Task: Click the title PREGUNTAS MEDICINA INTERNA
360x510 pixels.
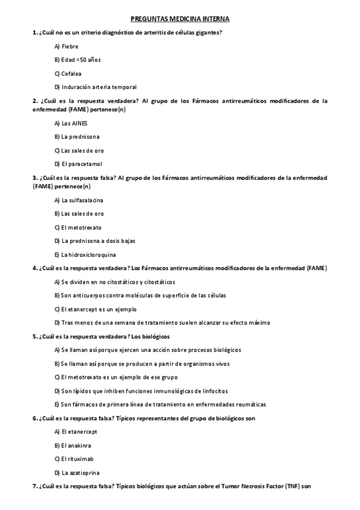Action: coord(180,19)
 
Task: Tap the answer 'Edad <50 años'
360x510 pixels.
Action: coord(78,60)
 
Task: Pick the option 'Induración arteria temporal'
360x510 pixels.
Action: coord(94,87)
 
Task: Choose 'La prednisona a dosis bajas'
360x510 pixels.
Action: coord(90,241)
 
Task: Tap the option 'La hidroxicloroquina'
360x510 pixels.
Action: coord(84,254)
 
